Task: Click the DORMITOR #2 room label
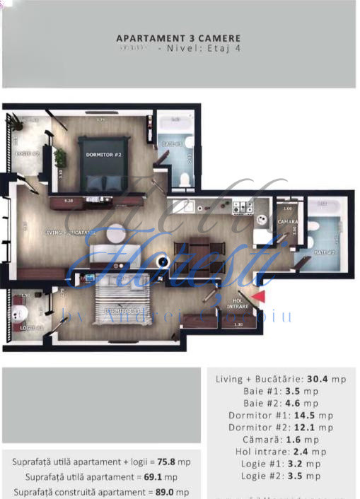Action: [105, 154]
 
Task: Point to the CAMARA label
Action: [288, 222]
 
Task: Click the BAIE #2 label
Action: [325, 252]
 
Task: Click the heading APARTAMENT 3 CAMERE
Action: [178, 38]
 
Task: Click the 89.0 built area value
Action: [166, 492]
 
